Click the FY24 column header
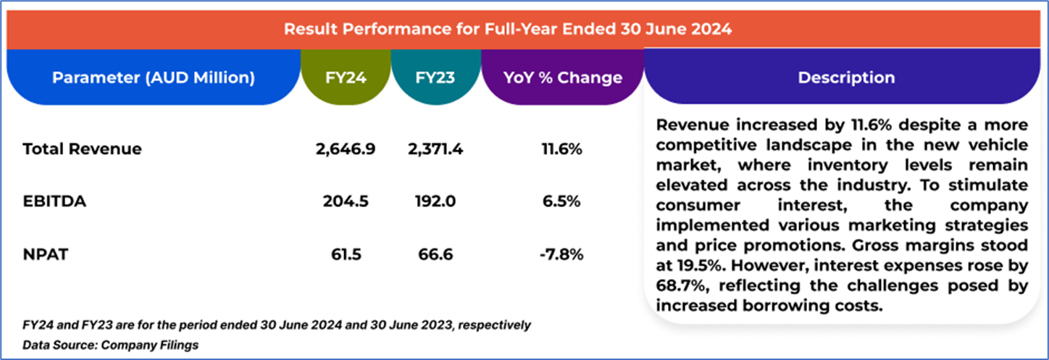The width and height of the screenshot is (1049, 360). [x=344, y=78]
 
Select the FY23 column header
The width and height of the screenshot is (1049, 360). [x=435, y=78]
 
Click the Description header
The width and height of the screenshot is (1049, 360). [x=845, y=78]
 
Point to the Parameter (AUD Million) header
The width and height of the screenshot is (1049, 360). [x=153, y=78]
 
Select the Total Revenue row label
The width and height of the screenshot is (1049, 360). [x=82, y=149]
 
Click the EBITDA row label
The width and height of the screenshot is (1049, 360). [x=54, y=201]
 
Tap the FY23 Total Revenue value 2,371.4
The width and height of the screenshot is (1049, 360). [x=435, y=149]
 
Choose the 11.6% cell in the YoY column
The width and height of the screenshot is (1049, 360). [x=561, y=149]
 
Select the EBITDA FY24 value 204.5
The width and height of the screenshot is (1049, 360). [x=344, y=201]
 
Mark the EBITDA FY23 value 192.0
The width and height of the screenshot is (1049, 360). [x=435, y=201]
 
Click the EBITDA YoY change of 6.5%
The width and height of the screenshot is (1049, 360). [x=562, y=201]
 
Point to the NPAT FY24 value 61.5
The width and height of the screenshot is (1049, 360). [x=344, y=254]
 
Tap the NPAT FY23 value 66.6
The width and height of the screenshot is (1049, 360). [x=435, y=254]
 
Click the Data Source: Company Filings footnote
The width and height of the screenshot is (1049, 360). [x=110, y=346]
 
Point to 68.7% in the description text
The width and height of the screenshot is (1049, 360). [x=680, y=286]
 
